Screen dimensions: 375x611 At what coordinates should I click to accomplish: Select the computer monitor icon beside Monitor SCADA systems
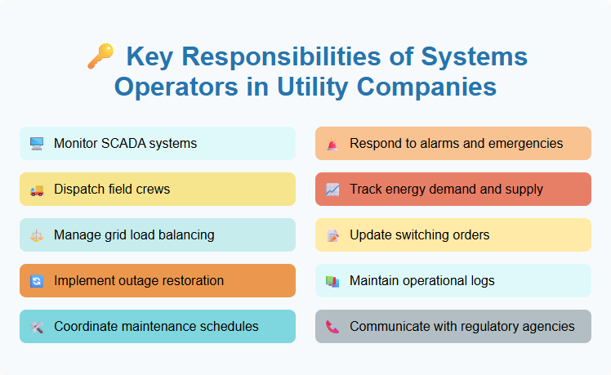point(37,144)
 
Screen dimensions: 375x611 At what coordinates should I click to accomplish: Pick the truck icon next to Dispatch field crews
point(37,190)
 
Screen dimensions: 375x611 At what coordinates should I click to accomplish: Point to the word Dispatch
point(81,190)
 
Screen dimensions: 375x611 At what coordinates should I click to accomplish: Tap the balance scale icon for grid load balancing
point(37,235)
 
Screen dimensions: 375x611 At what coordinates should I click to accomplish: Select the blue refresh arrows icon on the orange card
point(37,281)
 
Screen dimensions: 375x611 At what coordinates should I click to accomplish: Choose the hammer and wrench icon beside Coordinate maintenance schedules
point(37,327)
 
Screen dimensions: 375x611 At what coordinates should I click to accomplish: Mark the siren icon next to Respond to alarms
point(332,144)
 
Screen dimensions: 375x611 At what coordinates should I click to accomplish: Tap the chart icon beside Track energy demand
point(332,190)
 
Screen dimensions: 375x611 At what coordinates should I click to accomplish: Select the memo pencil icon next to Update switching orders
point(332,235)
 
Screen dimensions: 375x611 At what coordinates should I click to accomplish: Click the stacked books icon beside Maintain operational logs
point(332,281)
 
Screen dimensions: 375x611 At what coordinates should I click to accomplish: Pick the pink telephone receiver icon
point(332,327)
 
